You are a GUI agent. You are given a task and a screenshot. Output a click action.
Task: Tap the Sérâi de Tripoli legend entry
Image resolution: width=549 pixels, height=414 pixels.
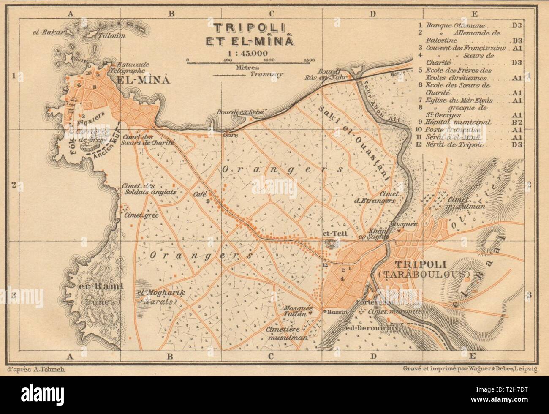coord(455,145)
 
